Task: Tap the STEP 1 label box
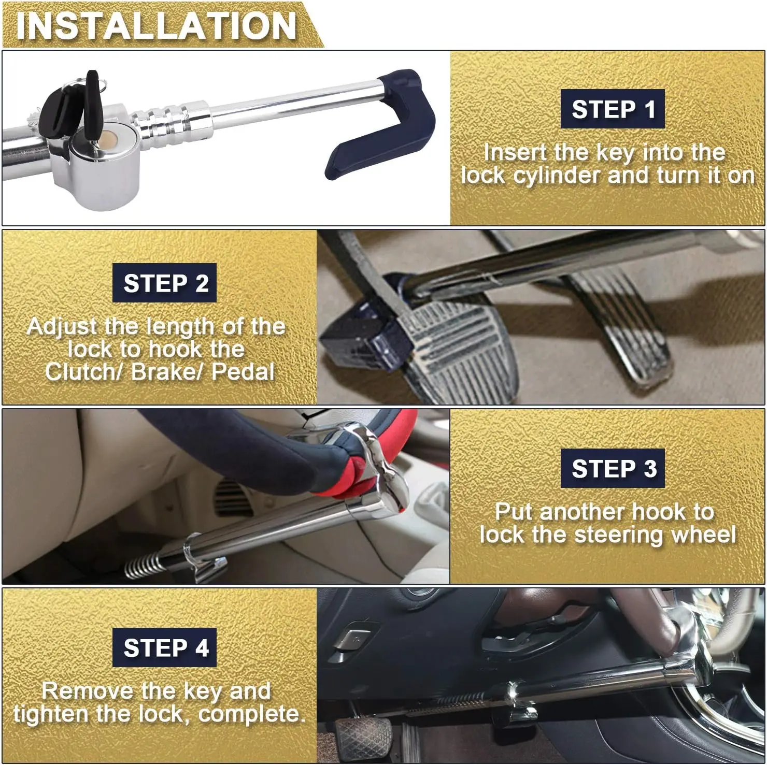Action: point(613,109)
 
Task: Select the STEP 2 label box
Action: point(165,283)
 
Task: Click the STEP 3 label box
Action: point(613,468)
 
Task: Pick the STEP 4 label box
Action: point(165,647)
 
